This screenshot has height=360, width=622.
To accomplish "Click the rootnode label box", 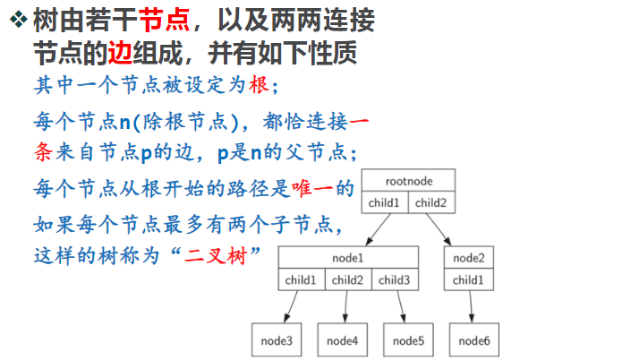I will pyautogui.click(x=409, y=179).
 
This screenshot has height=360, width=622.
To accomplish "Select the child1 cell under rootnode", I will pyautogui.click(x=387, y=201).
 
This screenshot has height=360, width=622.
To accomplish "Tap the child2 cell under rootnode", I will pyautogui.click(x=433, y=201).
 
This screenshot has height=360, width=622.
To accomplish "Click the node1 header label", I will pyautogui.click(x=348, y=258).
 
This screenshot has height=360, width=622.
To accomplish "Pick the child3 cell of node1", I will pyautogui.click(x=395, y=280).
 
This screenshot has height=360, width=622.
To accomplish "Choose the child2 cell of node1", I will pyautogui.click(x=348, y=280).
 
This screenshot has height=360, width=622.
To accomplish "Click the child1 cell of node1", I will pyautogui.click(x=302, y=280).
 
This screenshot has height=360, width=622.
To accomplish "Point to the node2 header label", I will pyautogui.click(x=468, y=258).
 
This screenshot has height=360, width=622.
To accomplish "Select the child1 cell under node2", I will pyautogui.click(x=468, y=280).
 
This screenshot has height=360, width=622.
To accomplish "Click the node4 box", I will pyautogui.click(x=342, y=340).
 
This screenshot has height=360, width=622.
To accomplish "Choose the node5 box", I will pyautogui.click(x=408, y=340).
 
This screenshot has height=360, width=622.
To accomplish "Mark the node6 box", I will pyautogui.click(x=474, y=340).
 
